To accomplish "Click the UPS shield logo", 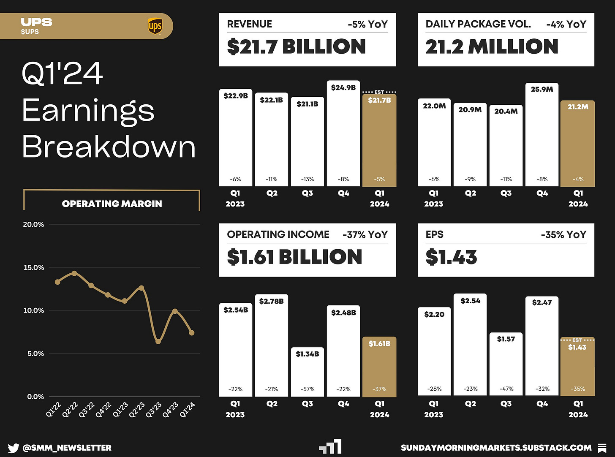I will (x=155, y=26).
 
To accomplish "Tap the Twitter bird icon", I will (x=13, y=448).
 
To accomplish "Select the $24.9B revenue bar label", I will (x=343, y=88).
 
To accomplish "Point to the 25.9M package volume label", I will (x=542, y=90).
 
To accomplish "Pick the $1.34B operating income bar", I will (x=307, y=372).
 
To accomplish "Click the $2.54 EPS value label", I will (x=470, y=301).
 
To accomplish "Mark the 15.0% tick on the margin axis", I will (x=34, y=267).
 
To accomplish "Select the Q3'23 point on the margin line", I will (x=158, y=341).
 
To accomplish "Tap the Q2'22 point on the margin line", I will (x=74, y=273).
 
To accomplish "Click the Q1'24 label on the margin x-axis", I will (x=188, y=409).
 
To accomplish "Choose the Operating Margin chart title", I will (x=112, y=204).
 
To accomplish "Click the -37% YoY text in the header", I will (x=365, y=235).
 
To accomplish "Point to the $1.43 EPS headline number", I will (x=451, y=257).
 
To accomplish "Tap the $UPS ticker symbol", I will (x=30, y=32).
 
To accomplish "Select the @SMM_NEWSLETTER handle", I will (x=67, y=448).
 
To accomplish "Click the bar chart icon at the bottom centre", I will (x=330, y=447).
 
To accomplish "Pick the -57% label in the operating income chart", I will (x=307, y=389).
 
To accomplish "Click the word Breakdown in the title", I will (x=109, y=147).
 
